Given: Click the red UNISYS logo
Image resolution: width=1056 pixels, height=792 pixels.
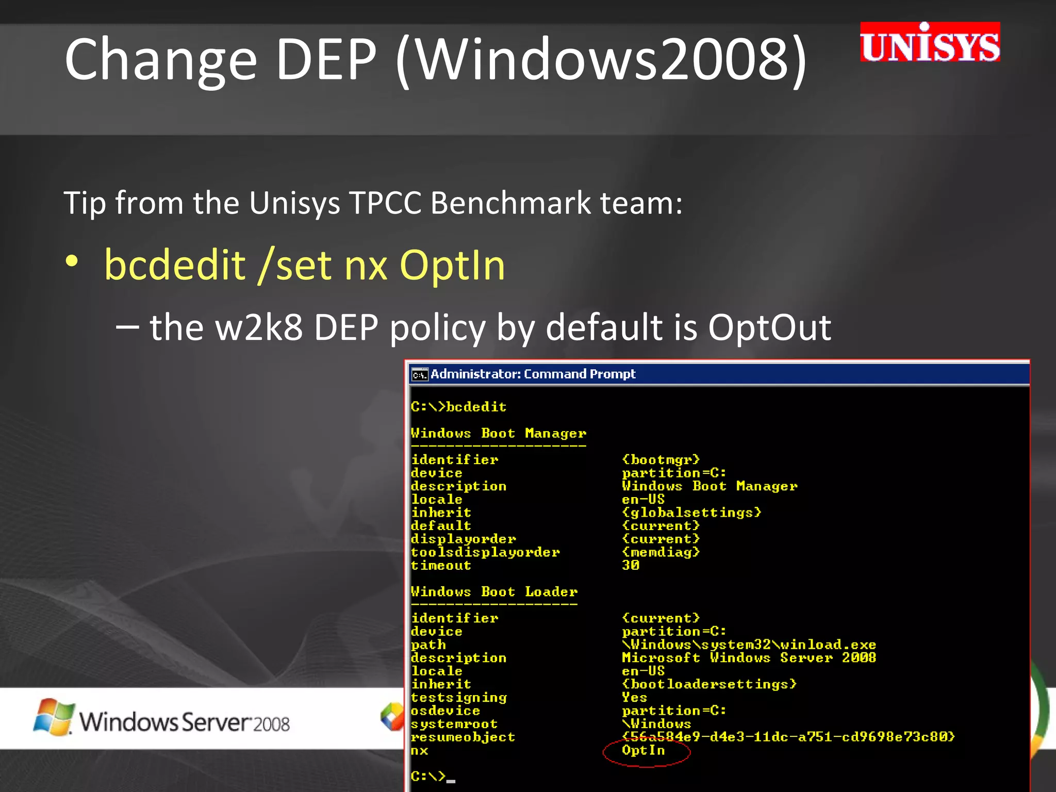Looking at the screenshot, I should [930, 43].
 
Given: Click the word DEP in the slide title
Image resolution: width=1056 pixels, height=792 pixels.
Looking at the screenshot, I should [326, 59].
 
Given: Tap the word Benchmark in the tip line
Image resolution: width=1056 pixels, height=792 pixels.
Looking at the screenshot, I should [510, 203].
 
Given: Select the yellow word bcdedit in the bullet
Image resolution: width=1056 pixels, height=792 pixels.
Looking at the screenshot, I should [175, 265].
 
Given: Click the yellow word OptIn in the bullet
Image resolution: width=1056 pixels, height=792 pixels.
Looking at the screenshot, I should [452, 265].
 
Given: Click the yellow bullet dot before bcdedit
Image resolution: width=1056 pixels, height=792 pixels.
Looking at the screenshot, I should [72, 261].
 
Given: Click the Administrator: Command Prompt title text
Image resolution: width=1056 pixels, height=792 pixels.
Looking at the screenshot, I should [533, 374].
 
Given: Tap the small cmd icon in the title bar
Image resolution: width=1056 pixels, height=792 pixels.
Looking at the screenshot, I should [420, 375].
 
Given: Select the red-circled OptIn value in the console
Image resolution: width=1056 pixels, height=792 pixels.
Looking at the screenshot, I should [643, 750].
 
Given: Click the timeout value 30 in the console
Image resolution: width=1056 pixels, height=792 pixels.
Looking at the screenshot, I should [631, 566].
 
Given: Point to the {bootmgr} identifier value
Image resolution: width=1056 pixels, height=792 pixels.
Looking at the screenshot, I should [661, 459].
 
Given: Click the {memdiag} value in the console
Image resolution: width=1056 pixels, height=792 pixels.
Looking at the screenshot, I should [661, 552].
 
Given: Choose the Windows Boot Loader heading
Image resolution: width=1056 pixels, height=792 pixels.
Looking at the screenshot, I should [494, 591].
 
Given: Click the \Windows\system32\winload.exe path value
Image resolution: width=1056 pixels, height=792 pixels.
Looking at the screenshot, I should [749, 645].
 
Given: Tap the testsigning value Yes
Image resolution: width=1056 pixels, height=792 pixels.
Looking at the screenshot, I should [634, 697].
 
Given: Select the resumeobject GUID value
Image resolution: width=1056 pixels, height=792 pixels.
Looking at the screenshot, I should [788, 737].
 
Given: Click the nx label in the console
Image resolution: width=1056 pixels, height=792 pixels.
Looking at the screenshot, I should [419, 751].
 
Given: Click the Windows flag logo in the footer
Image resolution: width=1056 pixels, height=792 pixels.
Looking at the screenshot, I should [53, 717].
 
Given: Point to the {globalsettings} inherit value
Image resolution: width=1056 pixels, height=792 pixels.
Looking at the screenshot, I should [691, 513].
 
